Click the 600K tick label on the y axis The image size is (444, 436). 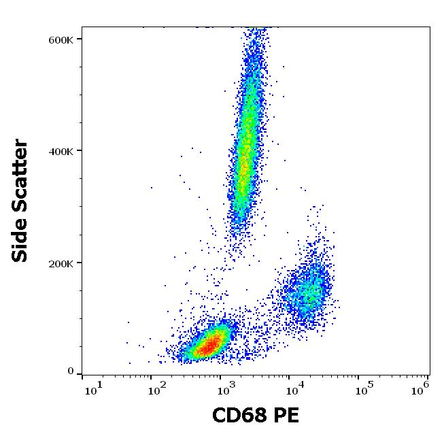(x=61, y=39)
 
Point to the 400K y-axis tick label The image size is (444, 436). (x=61, y=151)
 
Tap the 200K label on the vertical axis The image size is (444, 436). (x=61, y=263)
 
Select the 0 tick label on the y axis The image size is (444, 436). (x=71, y=371)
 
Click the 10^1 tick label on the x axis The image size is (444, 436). (x=93, y=390)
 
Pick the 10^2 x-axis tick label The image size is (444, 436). (x=158, y=390)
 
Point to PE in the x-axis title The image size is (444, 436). (x=286, y=416)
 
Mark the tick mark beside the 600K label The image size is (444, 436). (x=79, y=39)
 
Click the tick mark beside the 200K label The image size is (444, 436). (x=79, y=263)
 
